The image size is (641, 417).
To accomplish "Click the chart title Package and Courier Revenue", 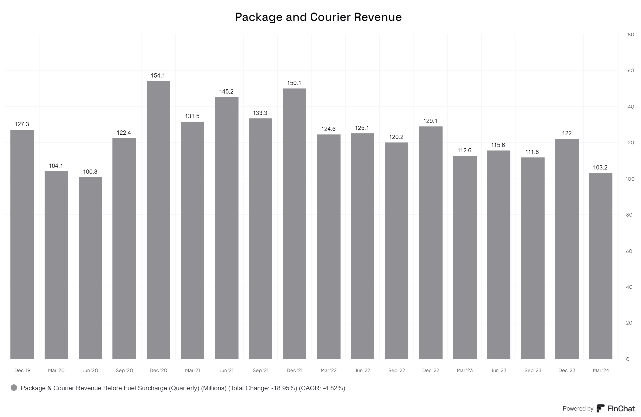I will (318, 17).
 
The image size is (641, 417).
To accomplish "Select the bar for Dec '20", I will (158, 220).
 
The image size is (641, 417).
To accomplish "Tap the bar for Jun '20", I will (90, 268).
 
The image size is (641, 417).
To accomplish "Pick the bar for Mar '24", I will (601, 266).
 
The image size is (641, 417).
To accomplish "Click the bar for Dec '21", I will (294, 223).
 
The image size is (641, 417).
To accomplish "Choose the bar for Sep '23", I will (533, 258).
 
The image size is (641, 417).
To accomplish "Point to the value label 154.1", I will (158, 76).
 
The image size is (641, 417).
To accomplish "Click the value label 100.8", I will (90, 172).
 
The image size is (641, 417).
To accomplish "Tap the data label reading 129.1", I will (430, 121).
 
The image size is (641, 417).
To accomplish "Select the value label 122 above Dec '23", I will (567, 133).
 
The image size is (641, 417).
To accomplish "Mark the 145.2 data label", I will (226, 92).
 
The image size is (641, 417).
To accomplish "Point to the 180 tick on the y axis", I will (630, 35).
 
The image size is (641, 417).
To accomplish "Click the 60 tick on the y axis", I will (629, 251).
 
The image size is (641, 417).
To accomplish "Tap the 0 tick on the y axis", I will (628, 359).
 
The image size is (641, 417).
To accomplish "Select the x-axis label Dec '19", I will (22, 370).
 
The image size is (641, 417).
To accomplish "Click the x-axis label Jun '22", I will (362, 370).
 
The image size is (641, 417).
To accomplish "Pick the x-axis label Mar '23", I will (464, 370).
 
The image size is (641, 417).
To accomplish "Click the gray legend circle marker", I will (14, 388).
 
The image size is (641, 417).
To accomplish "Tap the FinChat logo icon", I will (600, 408).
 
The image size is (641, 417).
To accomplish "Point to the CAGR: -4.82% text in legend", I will (322, 388).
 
